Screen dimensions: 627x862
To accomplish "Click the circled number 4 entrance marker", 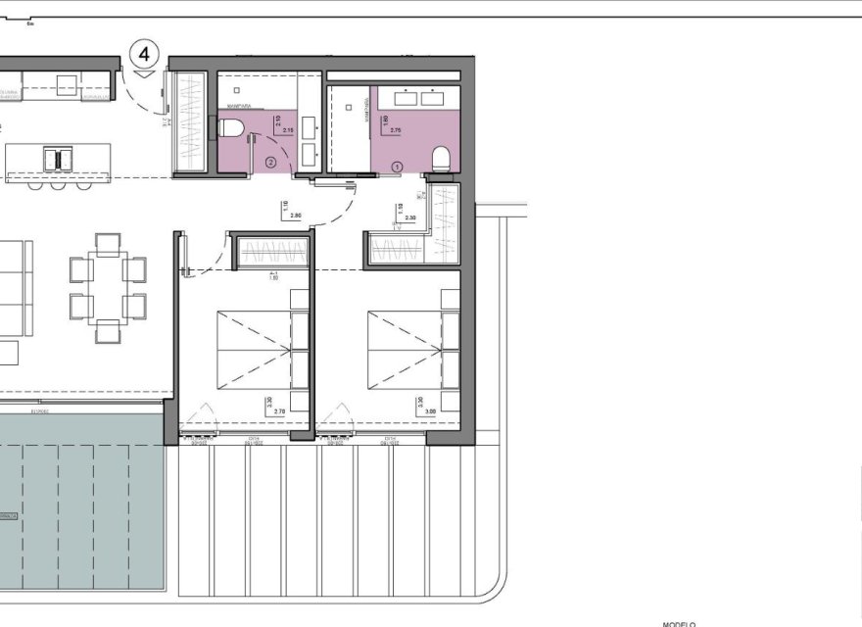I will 144,51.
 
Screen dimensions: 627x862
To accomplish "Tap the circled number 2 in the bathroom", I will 270,164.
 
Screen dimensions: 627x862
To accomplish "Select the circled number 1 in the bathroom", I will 397,167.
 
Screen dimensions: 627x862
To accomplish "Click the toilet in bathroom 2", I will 228,127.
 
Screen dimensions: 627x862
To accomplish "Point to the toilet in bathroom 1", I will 441,156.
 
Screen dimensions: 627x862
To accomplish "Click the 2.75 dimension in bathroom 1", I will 396,129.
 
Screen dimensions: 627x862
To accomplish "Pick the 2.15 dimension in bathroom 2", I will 288,129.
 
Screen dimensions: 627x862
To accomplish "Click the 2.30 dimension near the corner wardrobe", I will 412,218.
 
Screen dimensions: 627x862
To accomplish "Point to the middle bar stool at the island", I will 60,183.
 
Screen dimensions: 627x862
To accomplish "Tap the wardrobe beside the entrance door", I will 188,123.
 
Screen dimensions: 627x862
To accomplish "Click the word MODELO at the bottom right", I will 678,623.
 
